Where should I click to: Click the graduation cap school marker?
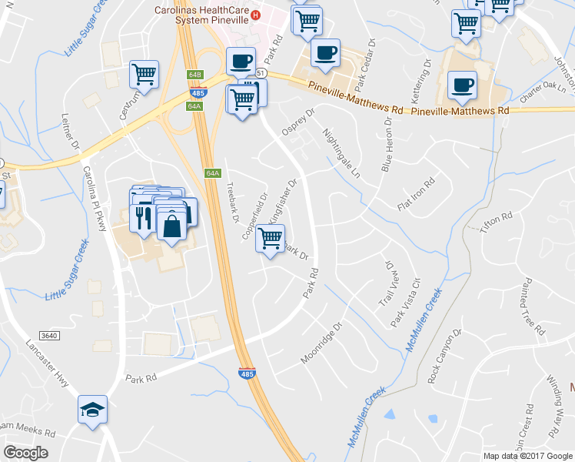point(92,410)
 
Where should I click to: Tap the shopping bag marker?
point(173,226)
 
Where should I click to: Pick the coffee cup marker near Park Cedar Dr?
point(326,53)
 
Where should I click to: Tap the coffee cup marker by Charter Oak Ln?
point(462,85)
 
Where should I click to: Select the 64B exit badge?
point(194,75)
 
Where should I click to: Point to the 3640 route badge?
point(49,335)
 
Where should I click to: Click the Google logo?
point(25,452)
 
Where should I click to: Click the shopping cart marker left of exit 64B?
point(144,74)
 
